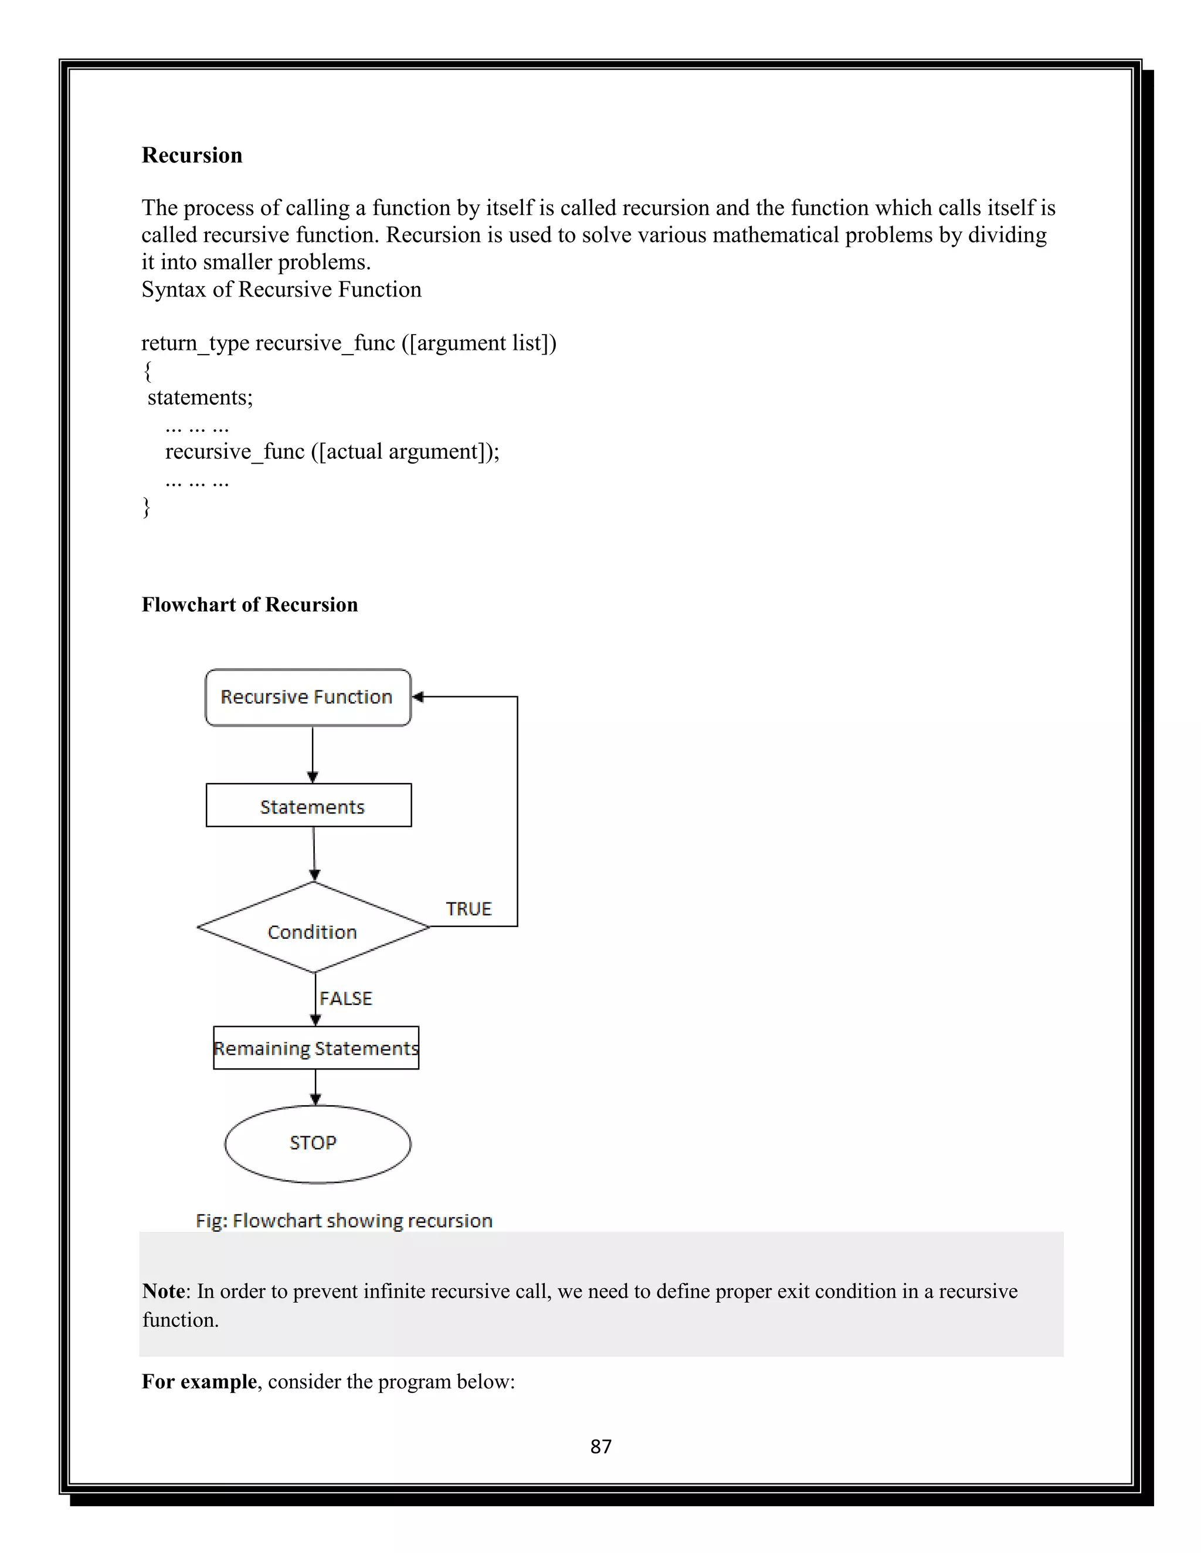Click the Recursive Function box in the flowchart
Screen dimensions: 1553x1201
[307, 697]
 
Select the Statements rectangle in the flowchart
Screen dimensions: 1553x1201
[309, 806]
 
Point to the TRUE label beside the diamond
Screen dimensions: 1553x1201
[468, 909]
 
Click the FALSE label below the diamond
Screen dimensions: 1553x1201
[346, 999]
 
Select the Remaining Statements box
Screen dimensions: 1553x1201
[316, 1048]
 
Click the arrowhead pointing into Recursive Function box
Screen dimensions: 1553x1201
[418, 697]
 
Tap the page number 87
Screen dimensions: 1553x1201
[600, 1446]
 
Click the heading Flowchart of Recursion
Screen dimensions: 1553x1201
[250, 604]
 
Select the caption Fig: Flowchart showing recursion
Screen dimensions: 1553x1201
[344, 1220]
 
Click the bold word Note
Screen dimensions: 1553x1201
[164, 1291]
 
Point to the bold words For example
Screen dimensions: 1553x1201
[199, 1381]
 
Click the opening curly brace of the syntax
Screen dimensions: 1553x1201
[147, 370]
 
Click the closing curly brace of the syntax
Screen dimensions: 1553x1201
[147, 507]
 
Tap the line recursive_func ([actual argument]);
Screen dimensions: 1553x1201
[333, 451]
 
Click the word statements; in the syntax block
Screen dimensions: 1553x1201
[200, 397]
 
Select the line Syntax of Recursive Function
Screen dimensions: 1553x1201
[281, 290]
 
